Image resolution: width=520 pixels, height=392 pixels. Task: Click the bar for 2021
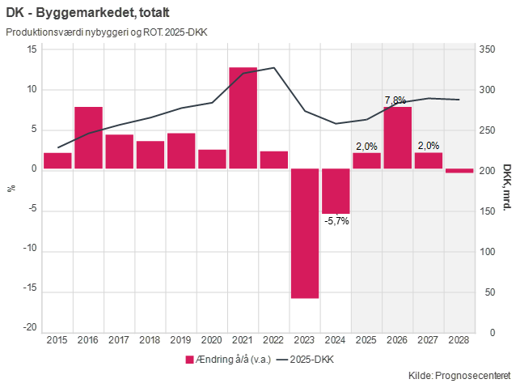pyautogui.click(x=243, y=118)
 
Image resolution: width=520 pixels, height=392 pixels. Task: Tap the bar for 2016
pyautogui.click(x=88, y=138)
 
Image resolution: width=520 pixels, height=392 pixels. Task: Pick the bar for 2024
pyautogui.click(x=336, y=191)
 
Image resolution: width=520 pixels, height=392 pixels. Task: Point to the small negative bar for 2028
pyautogui.click(x=459, y=171)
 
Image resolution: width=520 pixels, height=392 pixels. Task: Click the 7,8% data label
pyautogui.click(x=395, y=100)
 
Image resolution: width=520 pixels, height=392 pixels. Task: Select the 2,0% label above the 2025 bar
pyautogui.click(x=366, y=147)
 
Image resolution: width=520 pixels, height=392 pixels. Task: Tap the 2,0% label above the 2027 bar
pyautogui.click(x=428, y=147)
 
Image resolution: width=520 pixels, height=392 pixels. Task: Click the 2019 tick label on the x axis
pyautogui.click(x=180, y=340)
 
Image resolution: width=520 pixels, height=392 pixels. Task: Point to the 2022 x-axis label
pyautogui.click(x=273, y=340)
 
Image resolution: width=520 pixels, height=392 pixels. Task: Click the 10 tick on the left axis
pyautogui.click(x=32, y=89)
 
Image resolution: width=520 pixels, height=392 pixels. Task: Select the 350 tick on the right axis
pyautogui.click(x=487, y=49)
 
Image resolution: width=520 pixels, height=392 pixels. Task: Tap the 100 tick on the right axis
pyautogui.click(x=487, y=251)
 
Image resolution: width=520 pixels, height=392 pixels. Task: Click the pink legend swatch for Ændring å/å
pyautogui.click(x=189, y=359)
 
